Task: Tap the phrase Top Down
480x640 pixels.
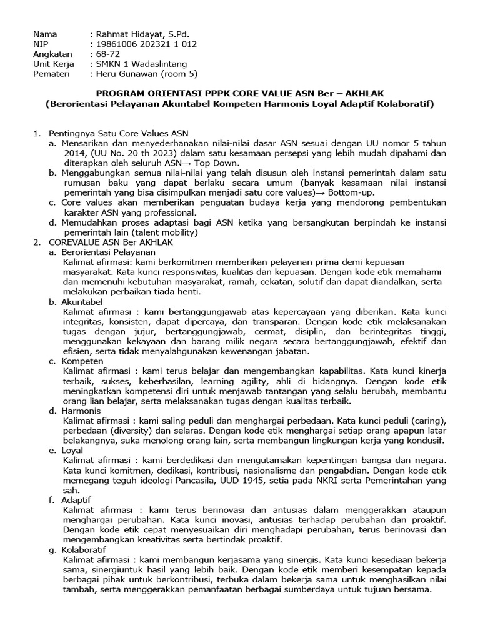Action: pos(235,162)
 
